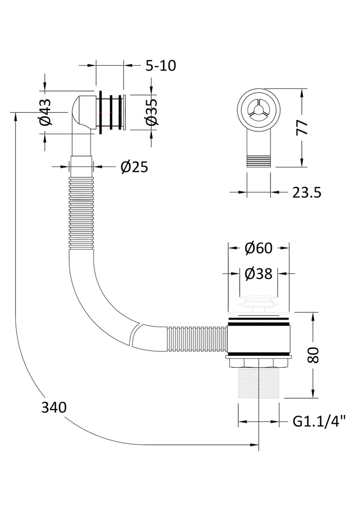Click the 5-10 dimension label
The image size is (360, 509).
[x=161, y=66]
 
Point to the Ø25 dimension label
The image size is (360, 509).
[x=134, y=167]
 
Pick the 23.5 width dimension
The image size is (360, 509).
[x=307, y=192]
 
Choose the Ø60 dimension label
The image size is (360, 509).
[x=259, y=247]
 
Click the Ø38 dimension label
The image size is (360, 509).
[x=259, y=273]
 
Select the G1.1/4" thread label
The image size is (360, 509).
[x=319, y=422]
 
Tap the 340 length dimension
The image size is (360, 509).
[x=54, y=408]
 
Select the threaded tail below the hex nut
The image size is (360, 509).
[x=258, y=384]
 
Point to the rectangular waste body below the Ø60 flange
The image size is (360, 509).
[x=258, y=339]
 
